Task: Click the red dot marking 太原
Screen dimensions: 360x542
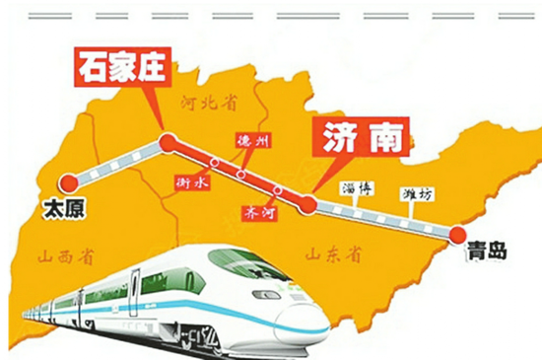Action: click(68, 182)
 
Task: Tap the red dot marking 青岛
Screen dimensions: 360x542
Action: click(457, 234)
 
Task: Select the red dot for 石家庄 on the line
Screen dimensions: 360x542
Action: click(167, 144)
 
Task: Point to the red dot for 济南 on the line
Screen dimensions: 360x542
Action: click(307, 204)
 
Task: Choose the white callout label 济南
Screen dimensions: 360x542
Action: click(360, 138)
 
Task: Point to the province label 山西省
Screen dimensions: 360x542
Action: click(65, 258)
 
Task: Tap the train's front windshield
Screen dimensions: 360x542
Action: click(241, 263)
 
